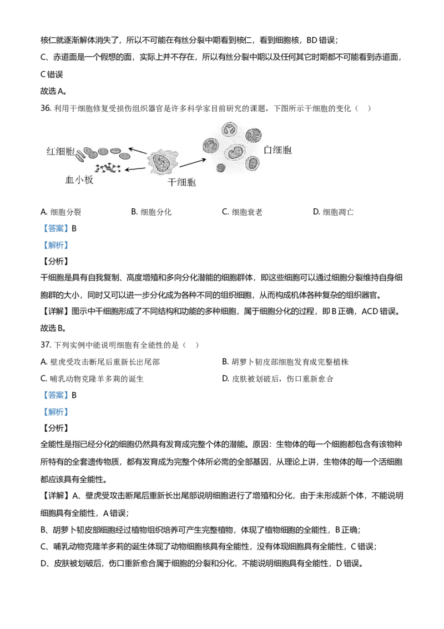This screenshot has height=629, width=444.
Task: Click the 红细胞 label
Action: (59, 151)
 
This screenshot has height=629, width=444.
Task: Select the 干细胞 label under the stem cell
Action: (181, 182)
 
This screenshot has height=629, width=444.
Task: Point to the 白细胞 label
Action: (277, 150)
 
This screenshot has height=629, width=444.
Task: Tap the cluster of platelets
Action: (108, 167)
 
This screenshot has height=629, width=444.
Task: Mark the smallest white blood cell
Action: (221, 167)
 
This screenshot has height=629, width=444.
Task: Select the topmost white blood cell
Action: (229, 130)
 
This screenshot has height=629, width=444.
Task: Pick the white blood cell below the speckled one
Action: (253, 163)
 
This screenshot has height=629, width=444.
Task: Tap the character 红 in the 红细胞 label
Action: (51, 151)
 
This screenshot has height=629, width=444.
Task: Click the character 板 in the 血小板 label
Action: (89, 179)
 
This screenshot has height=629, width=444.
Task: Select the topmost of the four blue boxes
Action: (58, 228)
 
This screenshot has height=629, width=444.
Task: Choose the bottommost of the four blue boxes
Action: (58, 412)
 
